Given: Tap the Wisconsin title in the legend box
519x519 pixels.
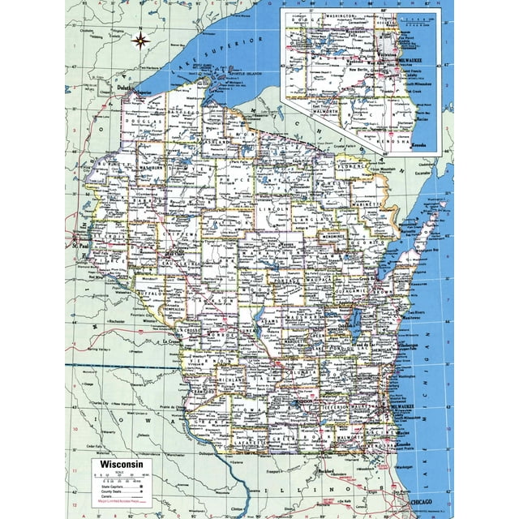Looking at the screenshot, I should (x=118, y=465).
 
